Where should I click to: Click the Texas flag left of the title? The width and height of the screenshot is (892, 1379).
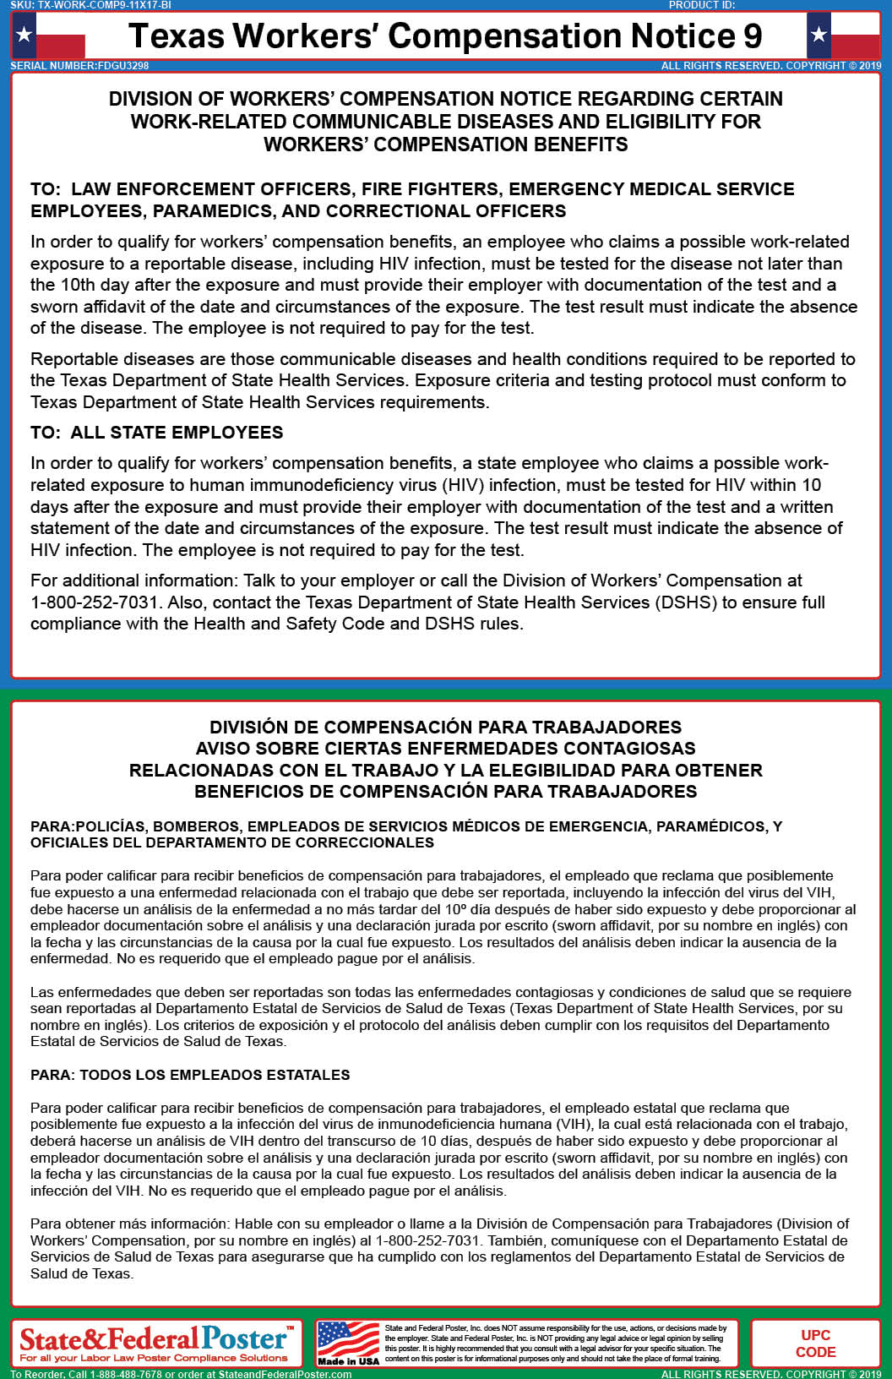pos(49,35)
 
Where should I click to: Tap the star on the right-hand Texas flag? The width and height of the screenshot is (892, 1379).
pos(819,35)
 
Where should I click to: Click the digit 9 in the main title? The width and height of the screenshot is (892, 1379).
pos(752,36)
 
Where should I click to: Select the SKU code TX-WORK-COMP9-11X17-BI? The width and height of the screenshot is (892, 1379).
pos(105,5)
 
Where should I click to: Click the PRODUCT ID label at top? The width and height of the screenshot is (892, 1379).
pos(702,5)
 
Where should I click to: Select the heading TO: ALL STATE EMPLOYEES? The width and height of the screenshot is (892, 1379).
pos(157,433)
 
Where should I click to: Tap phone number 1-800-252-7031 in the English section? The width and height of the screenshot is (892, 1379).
pos(95,602)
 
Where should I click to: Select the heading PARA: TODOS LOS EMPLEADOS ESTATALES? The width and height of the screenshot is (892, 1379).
pos(190,1075)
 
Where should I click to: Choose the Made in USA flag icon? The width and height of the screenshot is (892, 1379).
pos(347,1341)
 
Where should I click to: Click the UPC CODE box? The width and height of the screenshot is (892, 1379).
pos(815,1344)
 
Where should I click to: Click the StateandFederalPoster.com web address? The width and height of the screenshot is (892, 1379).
pos(285,1374)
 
